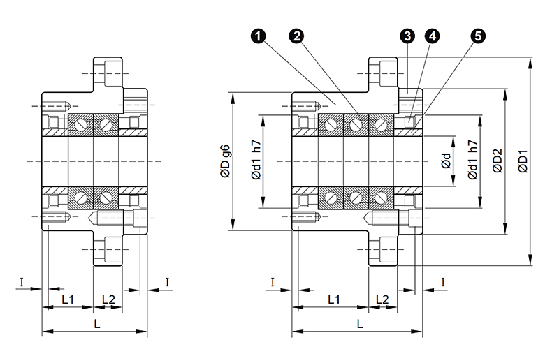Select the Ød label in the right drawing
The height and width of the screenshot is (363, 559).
[x=446, y=162]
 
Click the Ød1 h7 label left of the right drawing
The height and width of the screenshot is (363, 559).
[x=256, y=162]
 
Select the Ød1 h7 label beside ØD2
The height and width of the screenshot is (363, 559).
[x=473, y=162]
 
